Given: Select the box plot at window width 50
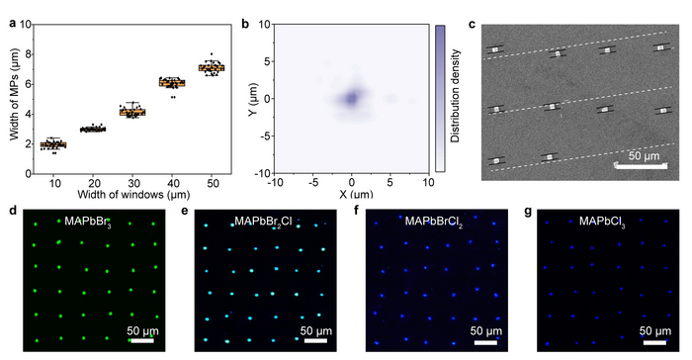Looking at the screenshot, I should tap(212, 67).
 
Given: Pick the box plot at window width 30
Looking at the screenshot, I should tap(131, 112).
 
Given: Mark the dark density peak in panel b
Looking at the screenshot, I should tap(351, 99).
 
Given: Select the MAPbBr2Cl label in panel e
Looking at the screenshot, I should tap(264, 220).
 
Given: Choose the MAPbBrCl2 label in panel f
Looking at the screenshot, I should tap(439, 220).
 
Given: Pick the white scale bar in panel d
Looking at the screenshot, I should tap(141, 340).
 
